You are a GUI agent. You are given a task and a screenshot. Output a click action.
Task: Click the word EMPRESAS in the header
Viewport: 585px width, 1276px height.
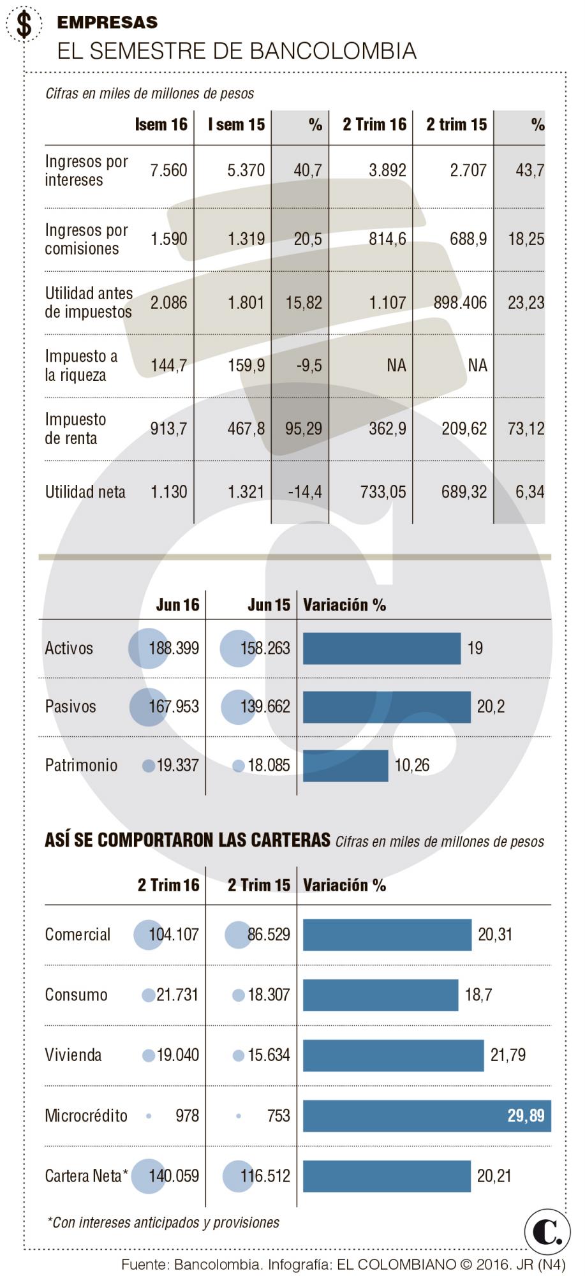(x=107, y=22)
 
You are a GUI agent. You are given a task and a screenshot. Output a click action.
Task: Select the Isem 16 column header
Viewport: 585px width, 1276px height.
(x=161, y=124)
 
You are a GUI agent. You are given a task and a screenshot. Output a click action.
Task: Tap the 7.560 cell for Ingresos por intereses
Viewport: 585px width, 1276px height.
(x=168, y=170)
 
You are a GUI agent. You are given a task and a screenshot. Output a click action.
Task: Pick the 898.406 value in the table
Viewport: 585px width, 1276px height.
(x=460, y=302)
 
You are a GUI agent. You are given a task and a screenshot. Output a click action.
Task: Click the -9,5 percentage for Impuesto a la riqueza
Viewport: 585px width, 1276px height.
(x=309, y=366)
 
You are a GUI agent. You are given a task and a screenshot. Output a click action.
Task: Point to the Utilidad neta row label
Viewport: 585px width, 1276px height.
(x=85, y=492)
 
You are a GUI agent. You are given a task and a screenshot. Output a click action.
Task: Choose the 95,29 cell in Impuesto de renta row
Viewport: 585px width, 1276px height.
(x=304, y=429)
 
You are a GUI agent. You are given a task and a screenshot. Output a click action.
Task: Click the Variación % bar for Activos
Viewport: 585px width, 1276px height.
(x=381, y=649)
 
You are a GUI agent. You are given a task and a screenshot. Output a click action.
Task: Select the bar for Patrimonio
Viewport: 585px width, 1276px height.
(x=345, y=766)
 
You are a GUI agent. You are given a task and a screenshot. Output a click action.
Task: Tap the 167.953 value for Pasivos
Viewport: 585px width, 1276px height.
(x=174, y=707)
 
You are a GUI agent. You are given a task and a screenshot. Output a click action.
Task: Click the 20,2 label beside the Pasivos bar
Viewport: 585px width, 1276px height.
(x=491, y=707)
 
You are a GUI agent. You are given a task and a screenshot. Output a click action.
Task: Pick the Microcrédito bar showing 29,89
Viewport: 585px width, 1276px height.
(x=426, y=1116)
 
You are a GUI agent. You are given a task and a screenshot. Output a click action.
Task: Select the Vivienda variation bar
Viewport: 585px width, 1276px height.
(x=393, y=1055)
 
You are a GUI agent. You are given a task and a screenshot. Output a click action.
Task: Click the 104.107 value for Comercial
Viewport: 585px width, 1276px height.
(x=174, y=935)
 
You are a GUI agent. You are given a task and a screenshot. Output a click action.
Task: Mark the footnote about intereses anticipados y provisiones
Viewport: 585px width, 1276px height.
(x=164, y=1222)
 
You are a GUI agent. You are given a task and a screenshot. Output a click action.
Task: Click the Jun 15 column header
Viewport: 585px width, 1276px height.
(x=269, y=605)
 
